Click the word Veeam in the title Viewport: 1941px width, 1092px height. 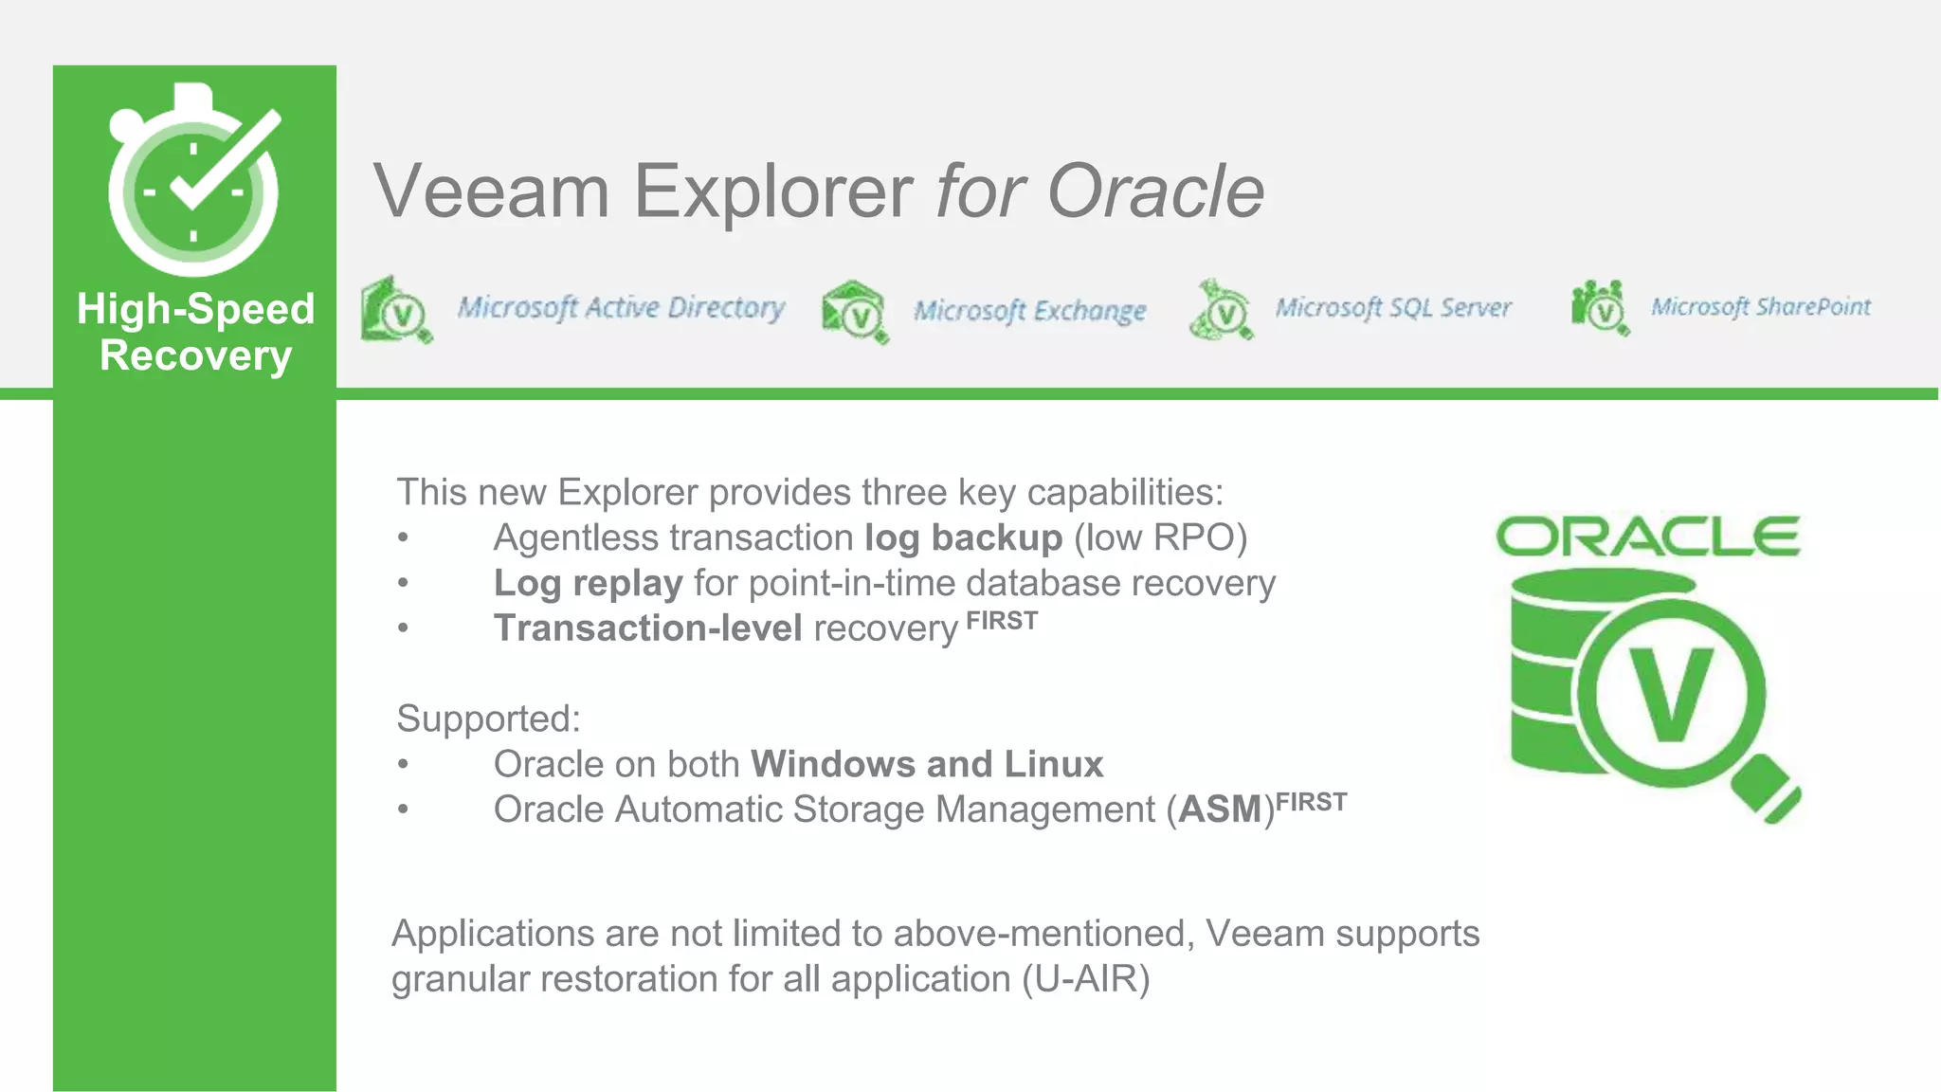(491, 191)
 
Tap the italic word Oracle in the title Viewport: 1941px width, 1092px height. (1155, 191)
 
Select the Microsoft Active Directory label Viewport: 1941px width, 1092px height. (621, 308)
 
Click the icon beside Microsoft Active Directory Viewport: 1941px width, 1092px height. (396, 309)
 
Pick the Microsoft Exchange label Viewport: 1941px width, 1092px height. (1029, 311)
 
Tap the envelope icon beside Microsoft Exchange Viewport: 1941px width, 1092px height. (855, 312)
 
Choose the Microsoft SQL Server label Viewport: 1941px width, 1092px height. (1392, 308)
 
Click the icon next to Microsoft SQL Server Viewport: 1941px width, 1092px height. (1222, 310)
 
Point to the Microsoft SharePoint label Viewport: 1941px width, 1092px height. (1760, 307)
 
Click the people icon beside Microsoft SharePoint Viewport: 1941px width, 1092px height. (1600, 308)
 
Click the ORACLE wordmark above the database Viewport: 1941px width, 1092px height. (1647, 537)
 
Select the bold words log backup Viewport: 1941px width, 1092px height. (963, 538)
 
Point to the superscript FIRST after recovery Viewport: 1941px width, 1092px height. (1002, 622)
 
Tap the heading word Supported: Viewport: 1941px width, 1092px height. (488, 719)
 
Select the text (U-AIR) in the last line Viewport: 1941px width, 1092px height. (1085, 979)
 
